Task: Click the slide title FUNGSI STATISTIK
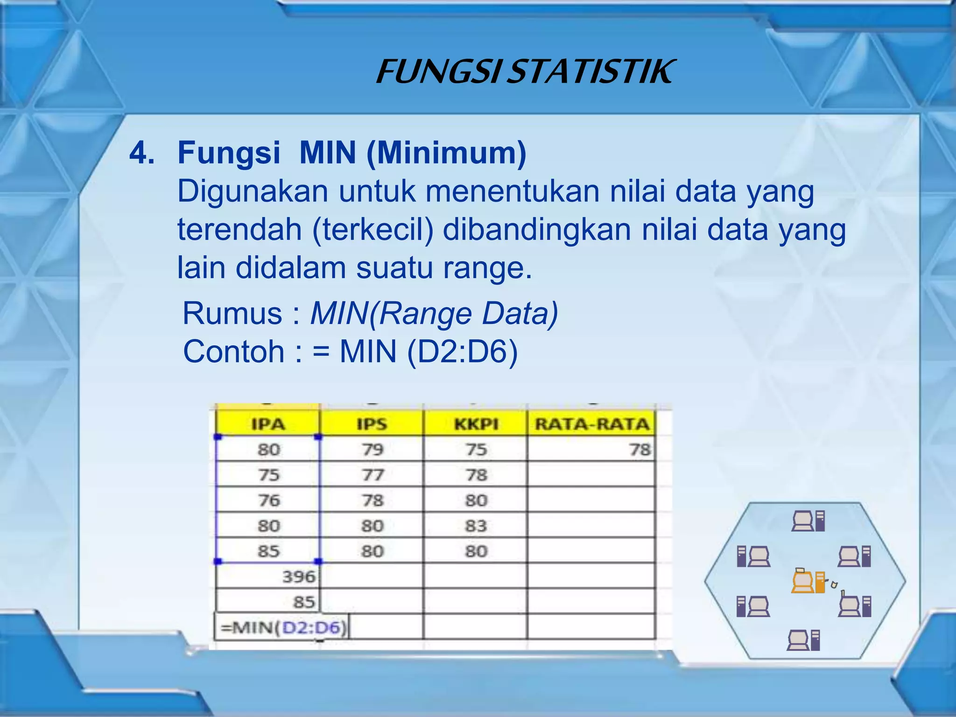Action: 525,72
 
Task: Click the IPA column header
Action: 268,424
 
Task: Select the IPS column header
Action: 372,424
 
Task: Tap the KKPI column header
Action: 476,424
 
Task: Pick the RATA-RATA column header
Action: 592,424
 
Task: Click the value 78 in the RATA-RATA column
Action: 640,450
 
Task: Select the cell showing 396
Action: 299,576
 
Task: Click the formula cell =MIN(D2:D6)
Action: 283,627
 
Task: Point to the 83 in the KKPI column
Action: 476,526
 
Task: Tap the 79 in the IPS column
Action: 373,450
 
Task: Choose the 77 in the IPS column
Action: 373,475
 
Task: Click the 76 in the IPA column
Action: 269,500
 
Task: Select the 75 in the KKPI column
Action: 476,450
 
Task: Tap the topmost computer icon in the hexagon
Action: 808,521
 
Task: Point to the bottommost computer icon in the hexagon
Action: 803,640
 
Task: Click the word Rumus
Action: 232,313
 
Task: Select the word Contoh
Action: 233,351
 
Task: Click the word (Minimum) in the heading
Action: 446,153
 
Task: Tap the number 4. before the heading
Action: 142,153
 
